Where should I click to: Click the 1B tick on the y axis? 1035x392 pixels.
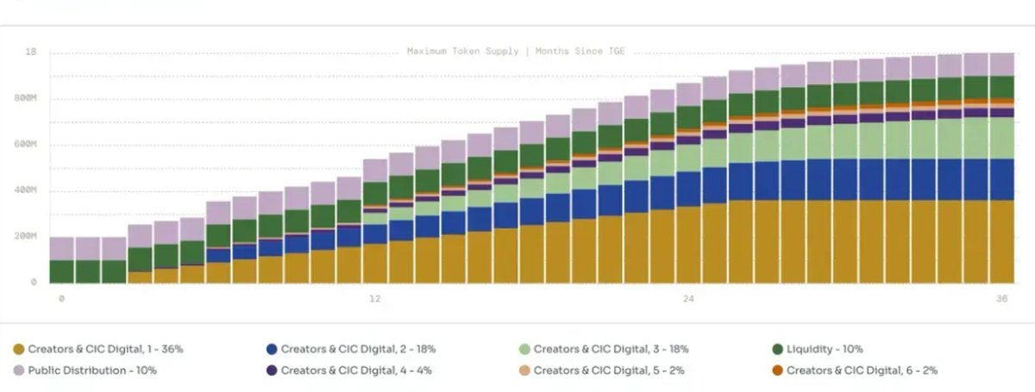click(x=31, y=53)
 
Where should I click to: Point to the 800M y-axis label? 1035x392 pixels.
click(x=27, y=98)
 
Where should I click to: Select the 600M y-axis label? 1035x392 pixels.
click(x=27, y=144)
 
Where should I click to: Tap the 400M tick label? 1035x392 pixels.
click(x=27, y=190)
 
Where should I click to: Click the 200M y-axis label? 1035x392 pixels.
click(x=27, y=236)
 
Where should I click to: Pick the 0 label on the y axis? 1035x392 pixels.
click(x=34, y=282)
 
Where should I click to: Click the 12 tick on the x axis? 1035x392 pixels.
click(x=375, y=299)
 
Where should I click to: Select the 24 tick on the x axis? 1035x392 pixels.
click(x=688, y=299)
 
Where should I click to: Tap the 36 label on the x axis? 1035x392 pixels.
click(x=1001, y=299)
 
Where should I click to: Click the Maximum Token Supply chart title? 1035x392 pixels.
click(x=516, y=52)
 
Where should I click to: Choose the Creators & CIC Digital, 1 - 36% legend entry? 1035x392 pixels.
click(x=105, y=349)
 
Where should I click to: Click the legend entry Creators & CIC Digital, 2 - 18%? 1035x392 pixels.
click(x=358, y=349)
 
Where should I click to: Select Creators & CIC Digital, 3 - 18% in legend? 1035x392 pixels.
click(x=611, y=349)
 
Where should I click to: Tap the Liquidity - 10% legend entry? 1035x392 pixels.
click(x=823, y=349)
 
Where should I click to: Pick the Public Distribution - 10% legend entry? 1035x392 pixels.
click(x=92, y=370)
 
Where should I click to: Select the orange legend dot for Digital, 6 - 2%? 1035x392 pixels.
click(x=777, y=370)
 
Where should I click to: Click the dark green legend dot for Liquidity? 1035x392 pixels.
click(x=777, y=349)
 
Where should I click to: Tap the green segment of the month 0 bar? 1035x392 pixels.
click(x=61, y=271)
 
